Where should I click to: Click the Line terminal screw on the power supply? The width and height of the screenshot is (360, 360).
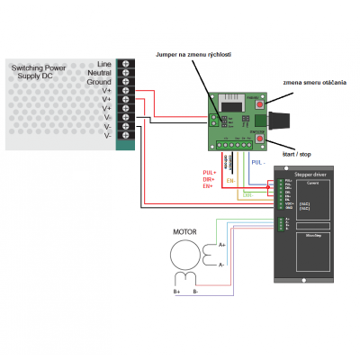point(124,62)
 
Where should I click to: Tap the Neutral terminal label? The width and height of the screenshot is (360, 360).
point(104,72)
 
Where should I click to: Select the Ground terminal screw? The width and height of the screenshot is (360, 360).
point(124,81)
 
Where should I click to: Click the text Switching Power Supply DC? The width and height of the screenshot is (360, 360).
point(38,72)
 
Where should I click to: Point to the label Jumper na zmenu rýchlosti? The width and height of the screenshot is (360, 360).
point(193,55)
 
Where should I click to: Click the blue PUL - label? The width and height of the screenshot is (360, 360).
point(258,162)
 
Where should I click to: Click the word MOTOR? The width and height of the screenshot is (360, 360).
point(184,231)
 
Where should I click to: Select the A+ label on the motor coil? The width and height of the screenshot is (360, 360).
point(222,244)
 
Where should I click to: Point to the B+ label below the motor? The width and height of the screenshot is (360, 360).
point(176,291)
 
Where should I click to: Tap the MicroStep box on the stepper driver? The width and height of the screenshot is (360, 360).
point(314,237)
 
